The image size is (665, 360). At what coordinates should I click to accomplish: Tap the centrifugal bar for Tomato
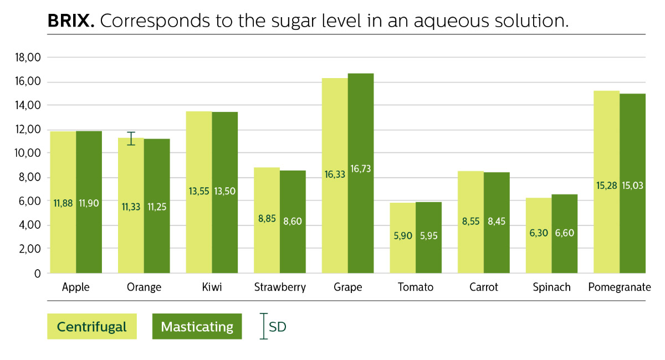pos(402,238)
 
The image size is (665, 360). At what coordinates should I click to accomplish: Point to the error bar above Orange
pos(131,138)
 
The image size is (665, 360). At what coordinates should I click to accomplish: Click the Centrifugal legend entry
pos(91,327)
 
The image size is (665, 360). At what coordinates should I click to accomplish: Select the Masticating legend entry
pos(197,327)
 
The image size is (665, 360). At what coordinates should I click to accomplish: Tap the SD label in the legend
pos(277,327)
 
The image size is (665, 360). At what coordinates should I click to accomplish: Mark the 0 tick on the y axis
pos(38,274)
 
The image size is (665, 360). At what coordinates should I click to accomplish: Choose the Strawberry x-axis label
pos(280,287)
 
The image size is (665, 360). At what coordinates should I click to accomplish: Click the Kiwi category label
pos(212,287)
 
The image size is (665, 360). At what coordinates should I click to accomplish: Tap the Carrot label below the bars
pos(483,287)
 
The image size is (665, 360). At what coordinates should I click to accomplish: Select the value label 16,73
pos(361,169)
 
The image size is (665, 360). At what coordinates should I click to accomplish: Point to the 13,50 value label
pos(225,191)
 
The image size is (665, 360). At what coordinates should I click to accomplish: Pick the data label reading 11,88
pos(63,203)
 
